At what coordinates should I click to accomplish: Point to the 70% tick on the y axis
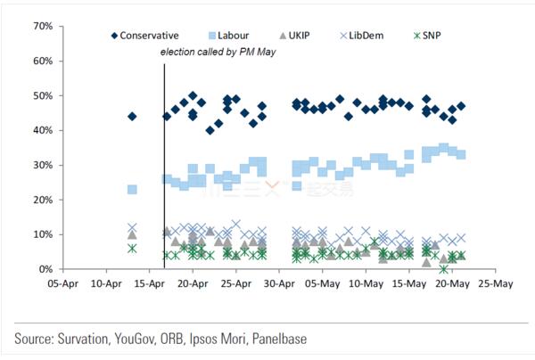pyautogui.click(x=40, y=26)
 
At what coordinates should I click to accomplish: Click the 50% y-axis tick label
pyautogui.click(x=40, y=95)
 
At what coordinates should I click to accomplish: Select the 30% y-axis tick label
pyautogui.click(x=40, y=165)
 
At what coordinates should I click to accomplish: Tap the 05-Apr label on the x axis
pyautogui.click(x=63, y=286)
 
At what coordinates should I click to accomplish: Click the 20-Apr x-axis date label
pyautogui.click(x=193, y=286)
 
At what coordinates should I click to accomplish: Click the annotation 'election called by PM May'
pyautogui.click(x=219, y=53)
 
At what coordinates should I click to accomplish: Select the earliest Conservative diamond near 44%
pyautogui.click(x=132, y=117)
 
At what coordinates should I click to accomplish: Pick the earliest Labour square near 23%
pyautogui.click(x=132, y=190)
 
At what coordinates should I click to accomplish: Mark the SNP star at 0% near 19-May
pyautogui.click(x=443, y=269)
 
